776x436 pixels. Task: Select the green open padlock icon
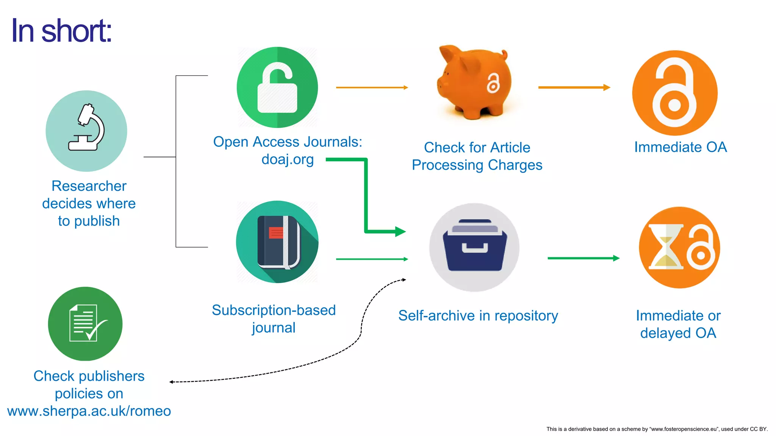click(x=277, y=88)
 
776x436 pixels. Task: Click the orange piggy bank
click(x=476, y=81)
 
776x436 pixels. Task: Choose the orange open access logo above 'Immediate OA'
click(x=675, y=93)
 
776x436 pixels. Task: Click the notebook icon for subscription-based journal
click(x=277, y=242)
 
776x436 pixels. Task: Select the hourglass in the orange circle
click(x=666, y=247)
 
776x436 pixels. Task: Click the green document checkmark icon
click(x=86, y=324)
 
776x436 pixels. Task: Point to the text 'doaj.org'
click(x=288, y=159)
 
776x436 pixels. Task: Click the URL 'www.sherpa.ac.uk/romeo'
click(x=89, y=411)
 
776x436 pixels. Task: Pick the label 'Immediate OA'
click(x=681, y=147)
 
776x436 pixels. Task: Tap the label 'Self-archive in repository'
click(x=478, y=316)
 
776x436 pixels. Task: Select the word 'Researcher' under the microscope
click(x=89, y=186)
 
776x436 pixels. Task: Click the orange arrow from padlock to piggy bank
click(x=372, y=87)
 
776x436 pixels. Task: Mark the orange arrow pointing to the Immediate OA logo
click(x=574, y=87)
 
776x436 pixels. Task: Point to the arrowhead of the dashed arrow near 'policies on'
click(x=172, y=382)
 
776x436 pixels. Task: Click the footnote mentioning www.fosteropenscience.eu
click(x=657, y=429)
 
